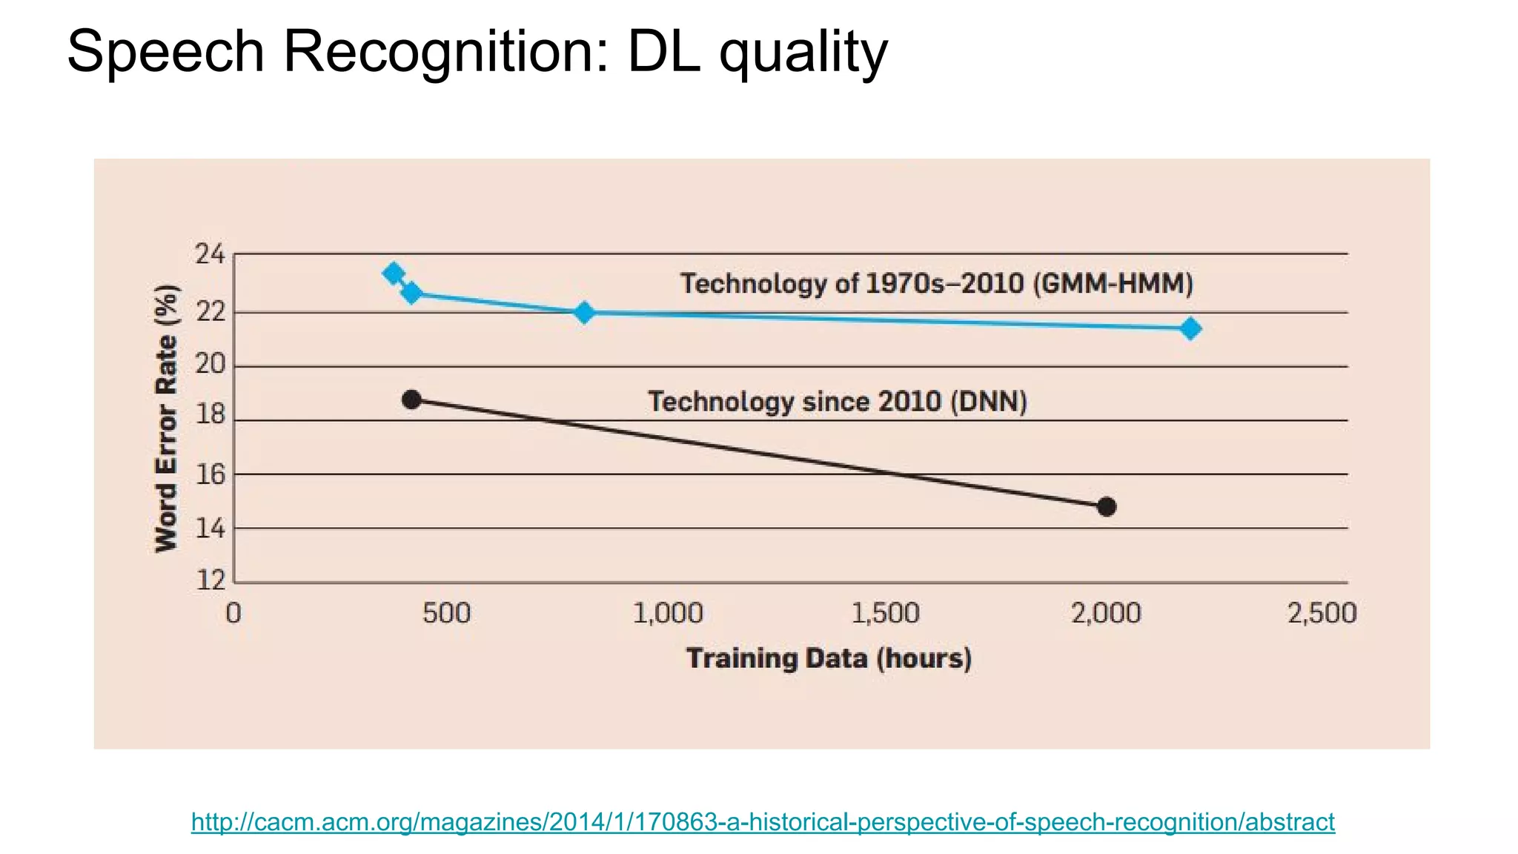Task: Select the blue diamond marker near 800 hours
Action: (x=584, y=312)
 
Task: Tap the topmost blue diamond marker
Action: (x=394, y=274)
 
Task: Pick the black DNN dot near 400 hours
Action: (x=411, y=400)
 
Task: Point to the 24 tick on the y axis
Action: (x=210, y=255)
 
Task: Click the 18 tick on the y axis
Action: (x=210, y=414)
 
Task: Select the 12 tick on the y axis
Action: (x=210, y=580)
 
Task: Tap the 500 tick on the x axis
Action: (x=446, y=614)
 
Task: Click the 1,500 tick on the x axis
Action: (x=885, y=614)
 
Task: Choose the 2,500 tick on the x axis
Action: (x=1322, y=614)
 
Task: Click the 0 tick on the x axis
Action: (x=233, y=614)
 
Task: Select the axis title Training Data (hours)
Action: (x=828, y=658)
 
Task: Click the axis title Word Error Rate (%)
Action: (x=167, y=418)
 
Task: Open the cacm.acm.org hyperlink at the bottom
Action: (x=763, y=822)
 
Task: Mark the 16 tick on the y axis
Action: (x=210, y=474)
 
